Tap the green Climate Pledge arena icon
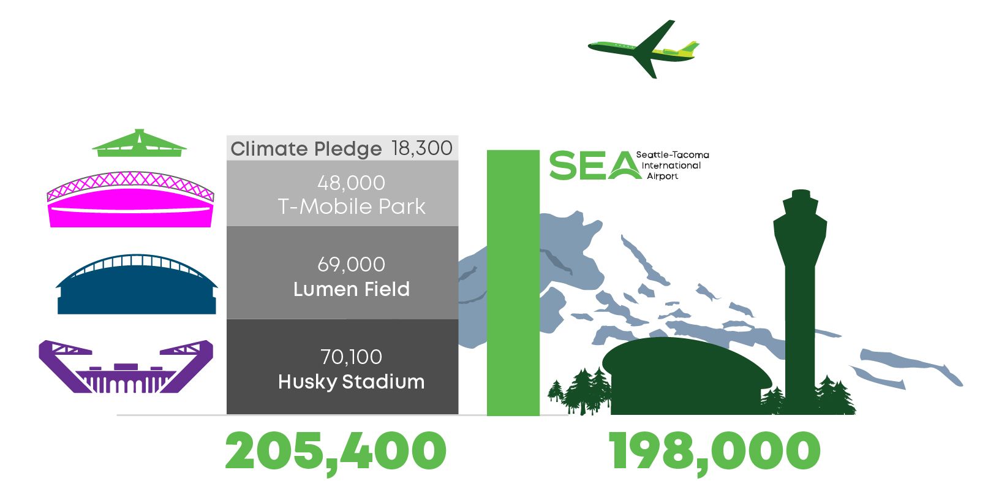(140, 145)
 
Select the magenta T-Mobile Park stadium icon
(130, 200)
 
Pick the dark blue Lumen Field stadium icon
(137, 285)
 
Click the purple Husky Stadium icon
(126, 366)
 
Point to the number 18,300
(421, 148)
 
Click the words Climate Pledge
(306, 149)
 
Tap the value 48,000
(351, 183)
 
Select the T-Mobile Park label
(352, 207)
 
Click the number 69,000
(351, 264)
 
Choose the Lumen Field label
(352, 289)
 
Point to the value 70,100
(351, 357)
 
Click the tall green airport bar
(513, 283)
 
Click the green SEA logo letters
(595, 165)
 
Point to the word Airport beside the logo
(663, 176)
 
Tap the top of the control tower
(801, 192)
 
